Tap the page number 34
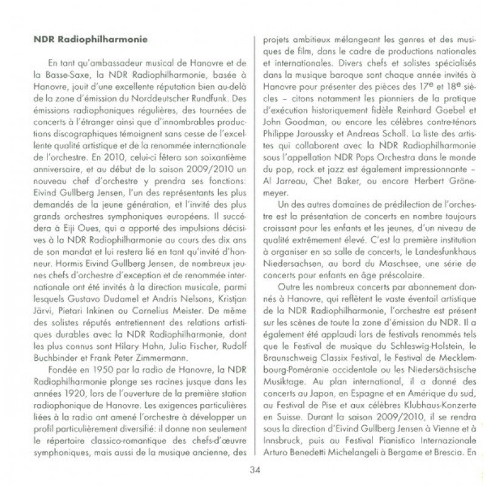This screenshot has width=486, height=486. click(x=255, y=468)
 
